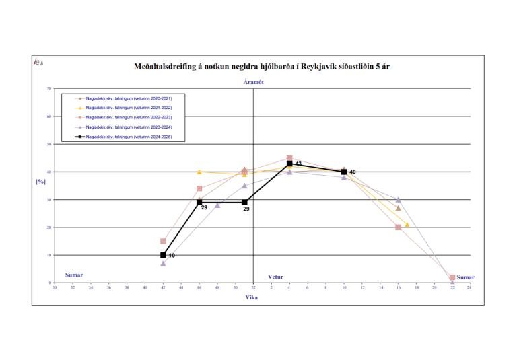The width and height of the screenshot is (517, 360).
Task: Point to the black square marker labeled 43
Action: tap(289, 164)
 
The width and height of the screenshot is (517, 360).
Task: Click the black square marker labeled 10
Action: tap(163, 255)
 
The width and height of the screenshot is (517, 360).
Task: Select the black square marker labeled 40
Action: tap(344, 172)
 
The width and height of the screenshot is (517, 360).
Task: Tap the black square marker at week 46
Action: tap(199, 202)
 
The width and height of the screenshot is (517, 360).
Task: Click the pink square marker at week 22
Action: tap(452, 277)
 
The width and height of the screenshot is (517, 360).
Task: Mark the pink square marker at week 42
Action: tap(163, 241)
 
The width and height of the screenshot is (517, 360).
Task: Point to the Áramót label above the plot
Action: tap(254, 81)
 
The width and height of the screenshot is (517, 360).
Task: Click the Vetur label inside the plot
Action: tap(275, 277)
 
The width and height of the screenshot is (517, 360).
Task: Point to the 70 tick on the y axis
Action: tap(49, 89)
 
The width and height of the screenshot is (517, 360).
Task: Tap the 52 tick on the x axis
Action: tap(253, 287)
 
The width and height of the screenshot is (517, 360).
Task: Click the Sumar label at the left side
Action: tap(74, 275)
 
